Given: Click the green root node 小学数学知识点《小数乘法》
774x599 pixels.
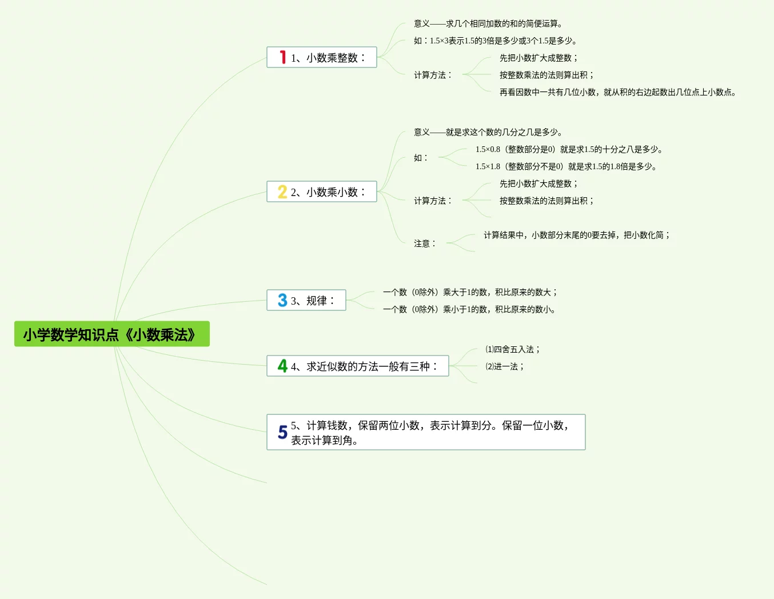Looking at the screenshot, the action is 111,334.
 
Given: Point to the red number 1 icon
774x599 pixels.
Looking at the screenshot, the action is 282,57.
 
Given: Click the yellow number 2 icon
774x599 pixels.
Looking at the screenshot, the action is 282,191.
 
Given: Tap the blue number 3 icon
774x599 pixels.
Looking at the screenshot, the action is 282,300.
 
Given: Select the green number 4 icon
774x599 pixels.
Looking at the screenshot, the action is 282,366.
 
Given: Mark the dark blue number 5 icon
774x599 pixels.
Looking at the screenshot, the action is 282,432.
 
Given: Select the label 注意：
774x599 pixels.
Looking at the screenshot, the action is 425,243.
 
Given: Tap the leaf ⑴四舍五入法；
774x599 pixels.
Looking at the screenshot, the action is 513,349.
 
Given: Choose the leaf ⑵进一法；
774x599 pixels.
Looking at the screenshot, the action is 505,366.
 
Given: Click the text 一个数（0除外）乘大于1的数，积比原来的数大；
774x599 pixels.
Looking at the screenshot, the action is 470,292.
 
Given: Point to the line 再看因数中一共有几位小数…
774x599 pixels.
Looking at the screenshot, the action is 619,92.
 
